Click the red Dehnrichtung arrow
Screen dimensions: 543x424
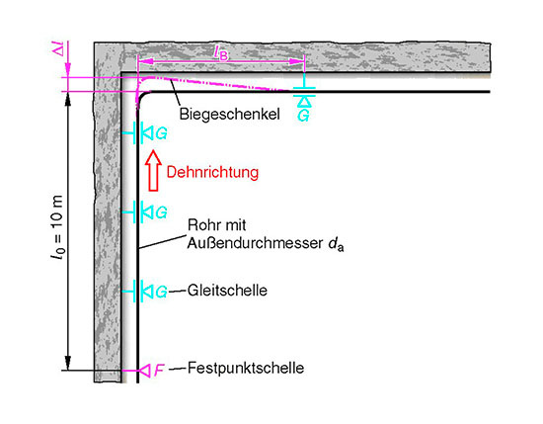pos(153,171)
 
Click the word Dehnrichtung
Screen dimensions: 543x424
pos(212,173)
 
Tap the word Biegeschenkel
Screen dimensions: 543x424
pos(230,114)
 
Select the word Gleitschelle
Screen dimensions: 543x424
pos(227,291)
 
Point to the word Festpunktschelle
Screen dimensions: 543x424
pos(246,368)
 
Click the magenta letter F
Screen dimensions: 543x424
pos(159,371)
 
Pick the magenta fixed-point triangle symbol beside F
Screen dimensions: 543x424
pos(145,371)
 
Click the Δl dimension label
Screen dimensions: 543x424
pos(58,51)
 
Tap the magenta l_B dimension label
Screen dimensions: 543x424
pos(221,52)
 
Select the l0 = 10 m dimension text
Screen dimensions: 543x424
pos(57,227)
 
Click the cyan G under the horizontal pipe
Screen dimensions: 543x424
pos(303,116)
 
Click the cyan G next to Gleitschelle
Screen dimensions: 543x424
pos(161,292)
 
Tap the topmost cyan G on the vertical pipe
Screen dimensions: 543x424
pos(161,133)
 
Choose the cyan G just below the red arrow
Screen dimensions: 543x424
pos(161,212)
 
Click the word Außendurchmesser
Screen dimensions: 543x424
pos(256,243)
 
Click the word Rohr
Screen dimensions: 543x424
pos(202,225)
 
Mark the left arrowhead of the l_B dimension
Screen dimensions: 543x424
pos(145,61)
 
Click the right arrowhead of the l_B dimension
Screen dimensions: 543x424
pos(297,61)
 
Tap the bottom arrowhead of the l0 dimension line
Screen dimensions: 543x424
pos(68,363)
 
